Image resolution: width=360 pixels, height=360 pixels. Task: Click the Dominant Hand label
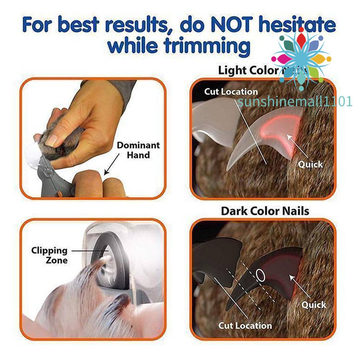[x=138, y=150]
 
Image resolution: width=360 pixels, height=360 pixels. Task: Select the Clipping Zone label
[x=49, y=255]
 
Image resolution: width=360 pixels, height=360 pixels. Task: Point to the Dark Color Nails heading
[x=265, y=211]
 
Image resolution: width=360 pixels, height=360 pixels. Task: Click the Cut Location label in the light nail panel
[x=231, y=92]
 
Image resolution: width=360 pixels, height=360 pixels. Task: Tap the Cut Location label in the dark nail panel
[x=245, y=325]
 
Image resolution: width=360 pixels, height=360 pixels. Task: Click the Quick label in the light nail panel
[x=310, y=164]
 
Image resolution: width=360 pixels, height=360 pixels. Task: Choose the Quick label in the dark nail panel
[x=314, y=305]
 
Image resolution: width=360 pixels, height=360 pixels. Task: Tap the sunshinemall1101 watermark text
[x=295, y=102]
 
